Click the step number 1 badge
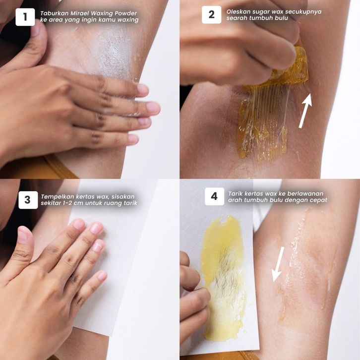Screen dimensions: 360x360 pos(25,17)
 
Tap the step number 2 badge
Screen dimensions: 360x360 pos(211,15)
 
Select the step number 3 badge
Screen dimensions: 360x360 pos(28,200)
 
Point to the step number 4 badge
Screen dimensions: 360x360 pos(214,196)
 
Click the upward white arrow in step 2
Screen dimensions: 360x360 pos(305,111)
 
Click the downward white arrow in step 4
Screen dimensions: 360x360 pos(278,264)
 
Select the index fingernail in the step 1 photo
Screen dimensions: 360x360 pos(143,90)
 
